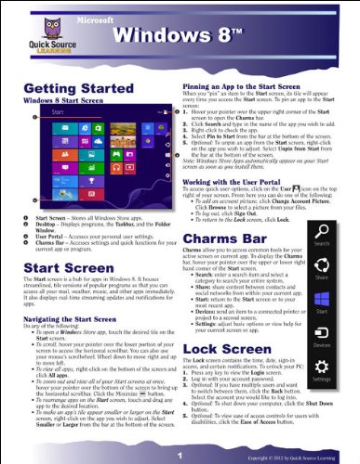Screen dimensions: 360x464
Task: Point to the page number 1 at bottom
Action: click(x=180, y=455)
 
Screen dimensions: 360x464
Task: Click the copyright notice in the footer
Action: click(x=308, y=458)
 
